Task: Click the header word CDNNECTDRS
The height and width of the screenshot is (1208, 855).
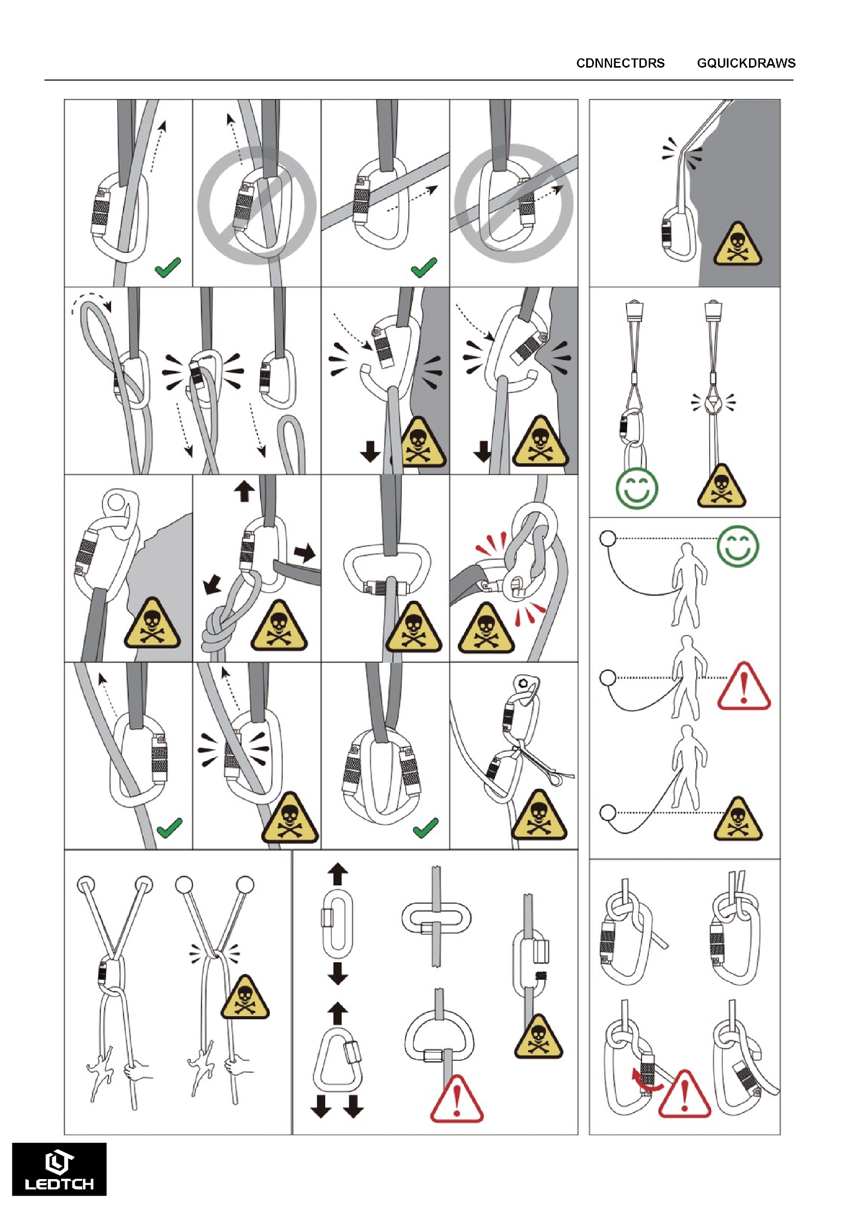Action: tap(620, 63)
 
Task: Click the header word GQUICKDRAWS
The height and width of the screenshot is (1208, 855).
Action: tap(746, 63)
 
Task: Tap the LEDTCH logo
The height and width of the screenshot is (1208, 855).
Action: tap(59, 1169)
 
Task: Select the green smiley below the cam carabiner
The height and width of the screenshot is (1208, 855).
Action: tap(636, 488)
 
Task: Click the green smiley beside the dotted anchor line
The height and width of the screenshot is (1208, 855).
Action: tap(738, 546)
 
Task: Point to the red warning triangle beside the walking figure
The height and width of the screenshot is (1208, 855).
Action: tap(744, 686)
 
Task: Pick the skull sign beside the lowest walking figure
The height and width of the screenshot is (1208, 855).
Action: tap(738, 819)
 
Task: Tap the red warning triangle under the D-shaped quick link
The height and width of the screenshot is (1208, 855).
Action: tap(456, 1099)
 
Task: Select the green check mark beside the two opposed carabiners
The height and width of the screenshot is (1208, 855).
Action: tap(425, 827)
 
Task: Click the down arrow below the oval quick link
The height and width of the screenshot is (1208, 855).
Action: tap(338, 973)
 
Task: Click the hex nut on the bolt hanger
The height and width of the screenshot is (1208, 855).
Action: tap(523, 684)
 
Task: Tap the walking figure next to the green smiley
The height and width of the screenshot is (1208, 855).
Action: tap(686, 585)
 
